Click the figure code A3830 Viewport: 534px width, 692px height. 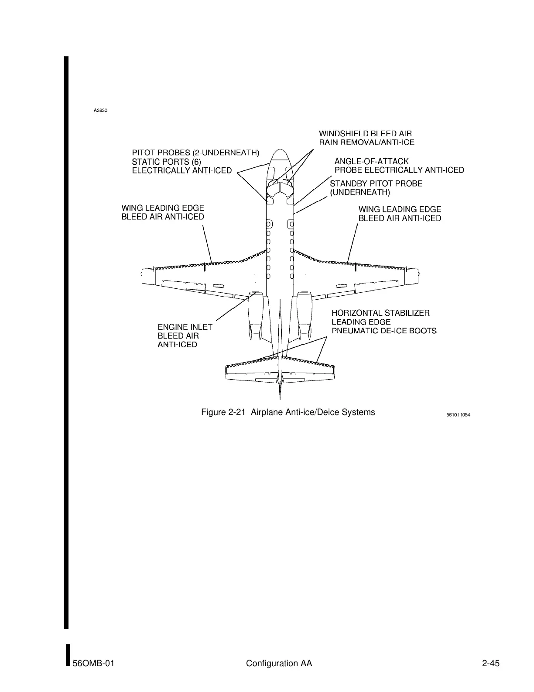pyautogui.click(x=100, y=111)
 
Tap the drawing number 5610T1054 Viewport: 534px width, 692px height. pyautogui.click(x=458, y=415)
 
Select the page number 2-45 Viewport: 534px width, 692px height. pyautogui.click(x=490, y=664)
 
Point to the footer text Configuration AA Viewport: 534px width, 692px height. pyautogui.click(x=279, y=664)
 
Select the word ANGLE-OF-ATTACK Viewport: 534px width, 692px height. pyautogui.click(x=372, y=162)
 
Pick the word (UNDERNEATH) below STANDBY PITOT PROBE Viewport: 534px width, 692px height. pyautogui.click(x=359, y=192)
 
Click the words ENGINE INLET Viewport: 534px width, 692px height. pyautogui.click(x=185, y=327)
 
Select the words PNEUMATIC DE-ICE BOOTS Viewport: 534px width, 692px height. pyautogui.click(x=384, y=331)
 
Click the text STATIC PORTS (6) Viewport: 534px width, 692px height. pyautogui.click(x=166, y=162)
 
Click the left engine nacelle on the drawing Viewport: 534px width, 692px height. pyautogui.click(x=256, y=312)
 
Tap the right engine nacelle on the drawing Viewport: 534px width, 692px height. pyautogui.click(x=304, y=312)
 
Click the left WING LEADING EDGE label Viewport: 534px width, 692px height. pyautogui.click(x=162, y=208)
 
